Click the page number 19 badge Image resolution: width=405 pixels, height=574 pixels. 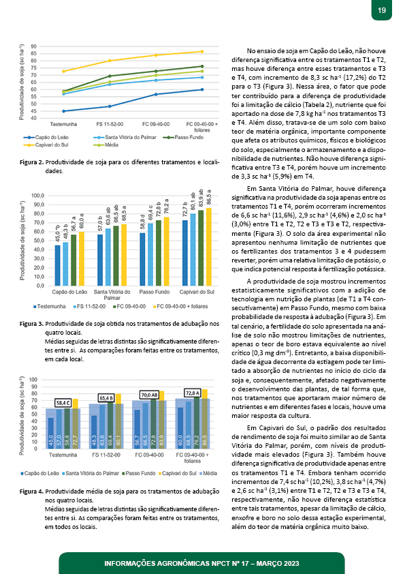382,10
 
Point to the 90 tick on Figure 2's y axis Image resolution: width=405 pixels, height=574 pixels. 33,46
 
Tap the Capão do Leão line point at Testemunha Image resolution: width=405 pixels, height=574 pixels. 63,111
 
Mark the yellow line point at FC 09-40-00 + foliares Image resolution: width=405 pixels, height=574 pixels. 201,52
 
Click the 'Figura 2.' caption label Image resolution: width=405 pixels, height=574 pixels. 32,162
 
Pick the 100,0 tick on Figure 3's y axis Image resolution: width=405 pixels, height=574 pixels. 37,196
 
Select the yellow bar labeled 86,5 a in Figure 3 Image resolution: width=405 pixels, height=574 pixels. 209,247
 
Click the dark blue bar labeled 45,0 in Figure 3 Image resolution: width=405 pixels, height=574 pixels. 57,265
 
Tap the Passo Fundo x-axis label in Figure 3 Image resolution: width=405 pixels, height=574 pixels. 155,292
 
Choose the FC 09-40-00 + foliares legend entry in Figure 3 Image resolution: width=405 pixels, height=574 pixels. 180,306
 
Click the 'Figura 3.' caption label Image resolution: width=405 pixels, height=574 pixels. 32,324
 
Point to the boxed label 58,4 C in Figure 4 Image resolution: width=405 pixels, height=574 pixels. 63,403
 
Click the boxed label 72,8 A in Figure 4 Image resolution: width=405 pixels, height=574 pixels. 193,393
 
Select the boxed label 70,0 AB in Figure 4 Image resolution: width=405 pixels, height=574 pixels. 149,395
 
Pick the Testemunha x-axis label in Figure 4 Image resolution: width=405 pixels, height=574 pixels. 63,455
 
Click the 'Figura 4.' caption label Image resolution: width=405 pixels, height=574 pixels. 32,492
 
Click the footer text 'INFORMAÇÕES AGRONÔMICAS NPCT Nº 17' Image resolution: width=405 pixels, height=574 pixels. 176,564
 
